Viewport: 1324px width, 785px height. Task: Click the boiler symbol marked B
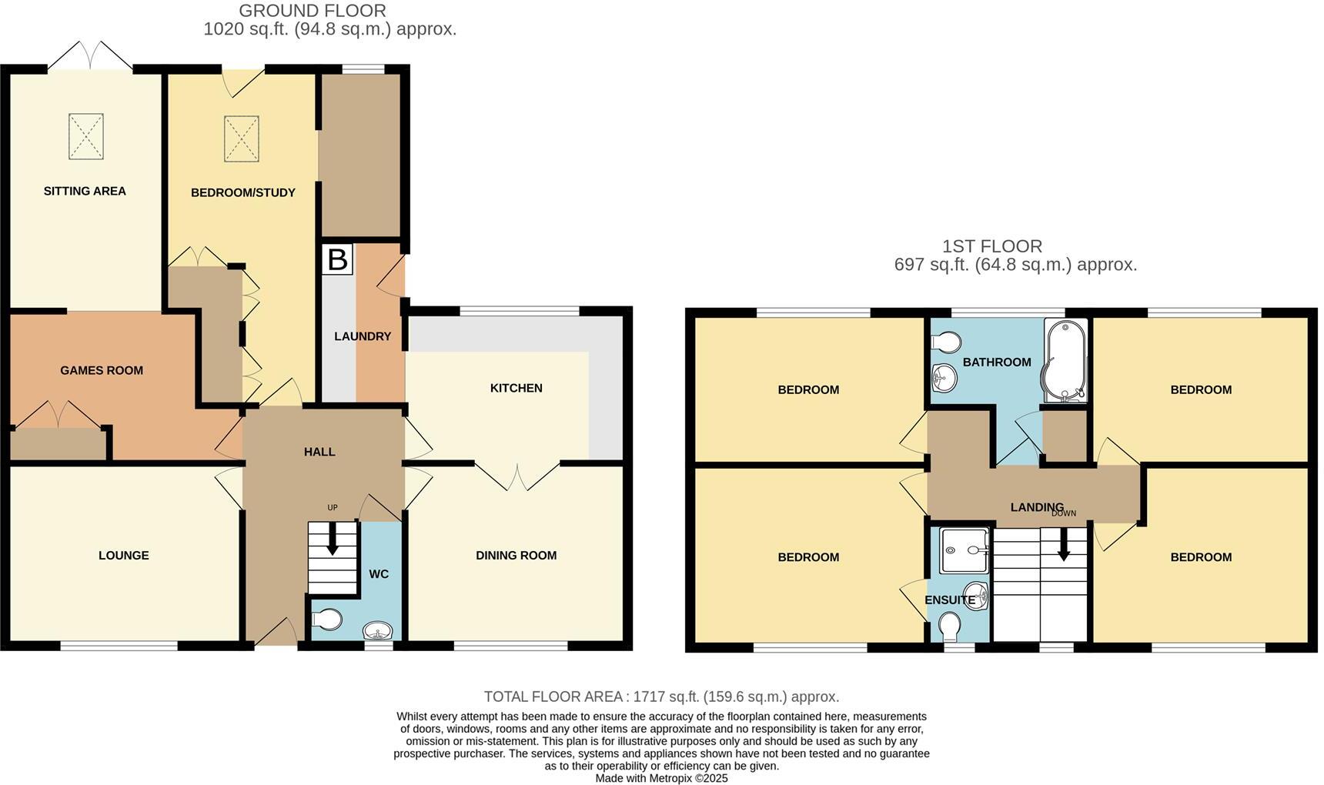pos(337,259)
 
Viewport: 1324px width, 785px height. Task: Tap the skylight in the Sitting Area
pos(85,136)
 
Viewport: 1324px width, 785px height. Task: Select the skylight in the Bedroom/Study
pos(241,139)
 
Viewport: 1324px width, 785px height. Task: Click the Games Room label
pos(102,370)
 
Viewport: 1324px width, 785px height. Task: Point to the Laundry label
pos(362,336)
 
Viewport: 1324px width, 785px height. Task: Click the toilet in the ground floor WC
pos(327,620)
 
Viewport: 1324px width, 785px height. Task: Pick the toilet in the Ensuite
pos(950,626)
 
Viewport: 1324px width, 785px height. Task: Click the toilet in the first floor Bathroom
pos(945,342)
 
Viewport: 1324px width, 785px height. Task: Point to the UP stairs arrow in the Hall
pos(333,539)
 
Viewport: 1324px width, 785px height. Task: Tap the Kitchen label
pos(516,388)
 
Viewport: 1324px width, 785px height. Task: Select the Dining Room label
pos(516,556)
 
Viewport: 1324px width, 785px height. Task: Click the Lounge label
pos(123,556)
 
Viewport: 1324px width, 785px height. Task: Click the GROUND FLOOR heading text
pos(313,11)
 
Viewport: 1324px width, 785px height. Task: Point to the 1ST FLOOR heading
pos(992,246)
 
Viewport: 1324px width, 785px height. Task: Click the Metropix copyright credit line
pos(661,778)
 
